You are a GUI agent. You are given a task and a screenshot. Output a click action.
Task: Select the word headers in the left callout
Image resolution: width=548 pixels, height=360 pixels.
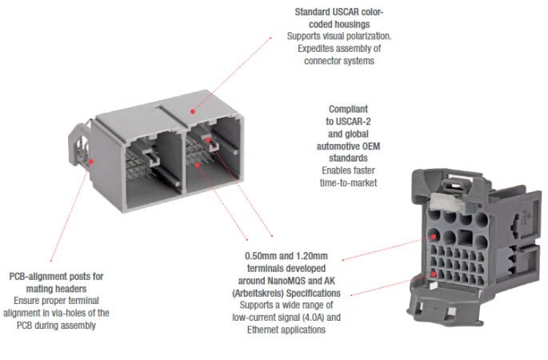[83, 288]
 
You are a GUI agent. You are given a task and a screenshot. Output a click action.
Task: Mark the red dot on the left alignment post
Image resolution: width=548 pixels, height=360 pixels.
[92, 160]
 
